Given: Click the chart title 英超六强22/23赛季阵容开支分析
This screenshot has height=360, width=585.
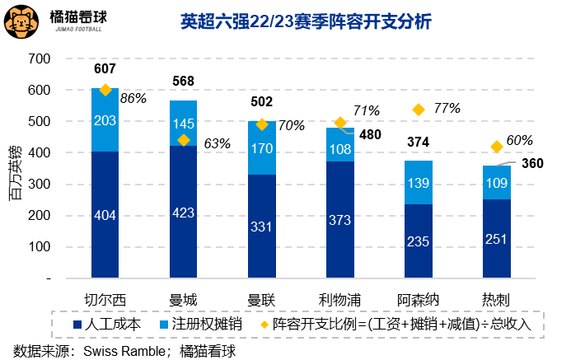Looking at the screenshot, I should [x=306, y=22].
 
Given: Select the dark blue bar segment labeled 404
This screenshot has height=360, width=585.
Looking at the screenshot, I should [x=105, y=216].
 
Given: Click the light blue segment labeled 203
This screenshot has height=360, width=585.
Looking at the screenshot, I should [x=105, y=120].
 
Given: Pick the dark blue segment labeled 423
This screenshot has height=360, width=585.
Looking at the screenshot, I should [x=184, y=213].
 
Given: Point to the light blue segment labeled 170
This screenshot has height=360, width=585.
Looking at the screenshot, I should [x=262, y=149].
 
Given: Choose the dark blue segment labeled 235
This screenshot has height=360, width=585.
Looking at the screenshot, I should [x=419, y=241].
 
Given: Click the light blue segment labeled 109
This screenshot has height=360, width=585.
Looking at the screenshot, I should [x=497, y=182].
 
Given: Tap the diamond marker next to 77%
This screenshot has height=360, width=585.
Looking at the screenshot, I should [x=419, y=110].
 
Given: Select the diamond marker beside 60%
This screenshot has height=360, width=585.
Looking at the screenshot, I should [x=497, y=147].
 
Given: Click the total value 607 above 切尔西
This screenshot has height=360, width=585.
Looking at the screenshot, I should [x=105, y=69].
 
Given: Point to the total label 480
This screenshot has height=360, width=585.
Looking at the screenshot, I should [x=371, y=135].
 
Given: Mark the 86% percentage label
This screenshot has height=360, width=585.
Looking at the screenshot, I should [x=133, y=98].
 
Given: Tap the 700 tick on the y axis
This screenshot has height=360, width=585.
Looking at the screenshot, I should [x=39, y=59].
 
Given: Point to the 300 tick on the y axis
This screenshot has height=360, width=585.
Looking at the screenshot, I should [x=39, y=185].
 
